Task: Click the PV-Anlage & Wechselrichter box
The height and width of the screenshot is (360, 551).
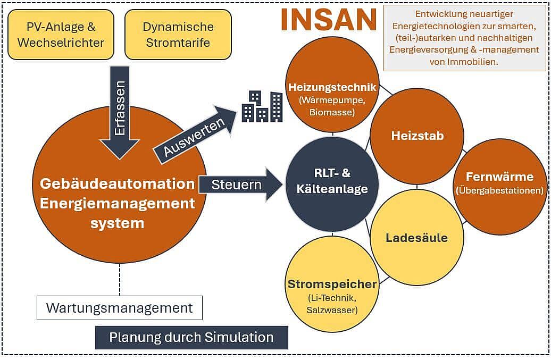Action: coord(61,35)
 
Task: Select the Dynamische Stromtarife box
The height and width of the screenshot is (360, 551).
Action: coord(178,35)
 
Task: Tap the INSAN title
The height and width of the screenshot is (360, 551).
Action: coord(329,20)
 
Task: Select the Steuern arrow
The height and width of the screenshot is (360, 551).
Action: coord(240,185)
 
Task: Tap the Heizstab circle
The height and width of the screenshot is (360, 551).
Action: coord(417,136)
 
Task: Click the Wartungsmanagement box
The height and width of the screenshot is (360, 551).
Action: coord(120,308)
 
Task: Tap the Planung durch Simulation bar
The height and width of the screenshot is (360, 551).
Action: coord(191,337)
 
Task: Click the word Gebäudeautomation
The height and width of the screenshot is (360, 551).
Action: coord(117,183)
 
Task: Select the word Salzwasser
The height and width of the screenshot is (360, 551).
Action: coord(332,310)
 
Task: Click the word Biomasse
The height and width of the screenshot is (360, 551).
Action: coord(332,112)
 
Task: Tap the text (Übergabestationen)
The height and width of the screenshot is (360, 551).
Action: coord(499,190)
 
